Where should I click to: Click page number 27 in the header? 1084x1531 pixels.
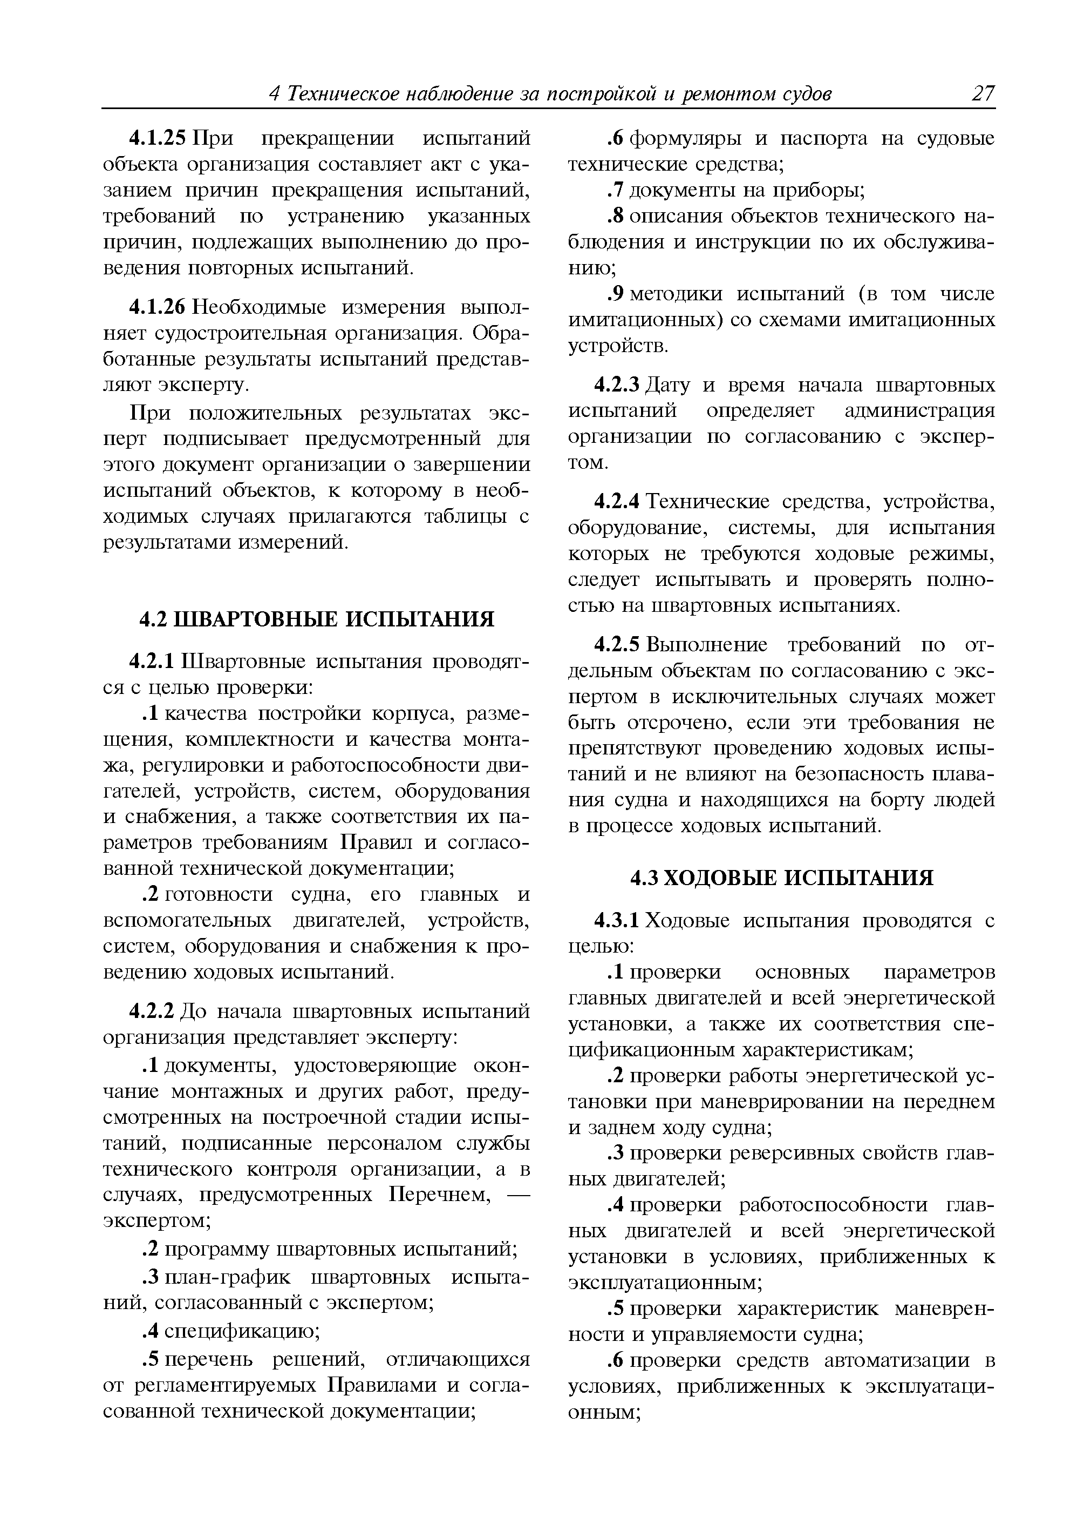pyautogui.click(x=982, y=93)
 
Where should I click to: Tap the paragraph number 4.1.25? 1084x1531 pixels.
pyautogui.click(x=159, y=138)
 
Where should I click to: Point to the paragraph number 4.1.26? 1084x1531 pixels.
pyautogui.click(x=159, y=307)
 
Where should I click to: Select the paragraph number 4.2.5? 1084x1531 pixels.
pyautogui.click(x=617, y=645)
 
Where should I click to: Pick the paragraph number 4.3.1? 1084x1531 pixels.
pyautogui.click(x=617, y=921)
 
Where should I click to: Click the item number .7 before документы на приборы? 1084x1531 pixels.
pyautogui.click(x=615, y=191)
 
